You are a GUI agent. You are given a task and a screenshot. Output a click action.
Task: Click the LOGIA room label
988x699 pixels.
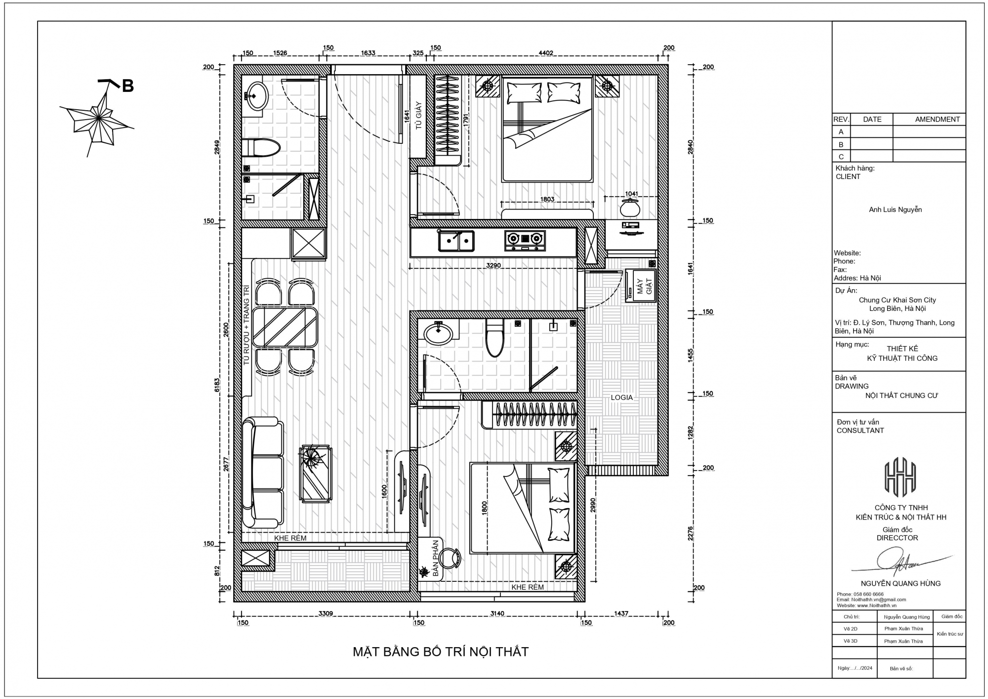coord(621,397)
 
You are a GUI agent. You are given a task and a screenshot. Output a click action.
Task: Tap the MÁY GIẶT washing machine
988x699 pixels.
coord(641,286)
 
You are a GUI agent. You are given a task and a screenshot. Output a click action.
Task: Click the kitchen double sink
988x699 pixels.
coord(456,241)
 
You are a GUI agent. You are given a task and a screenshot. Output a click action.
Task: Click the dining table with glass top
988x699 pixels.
coord(285,327)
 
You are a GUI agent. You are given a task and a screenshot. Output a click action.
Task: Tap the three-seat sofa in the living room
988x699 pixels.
coord(263,473)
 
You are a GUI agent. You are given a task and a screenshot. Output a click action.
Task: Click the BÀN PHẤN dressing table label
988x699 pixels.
coord(436,558)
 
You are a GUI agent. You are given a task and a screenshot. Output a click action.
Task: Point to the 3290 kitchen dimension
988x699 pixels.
coord(494,265)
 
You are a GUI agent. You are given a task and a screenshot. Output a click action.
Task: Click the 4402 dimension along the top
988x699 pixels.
coord(546,53)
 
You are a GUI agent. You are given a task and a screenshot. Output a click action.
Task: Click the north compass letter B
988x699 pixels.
coord(128,86)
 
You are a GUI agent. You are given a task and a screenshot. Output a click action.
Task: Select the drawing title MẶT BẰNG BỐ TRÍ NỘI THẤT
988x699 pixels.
coord(441,652)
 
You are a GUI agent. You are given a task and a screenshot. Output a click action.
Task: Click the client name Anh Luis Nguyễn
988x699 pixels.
coord(896,210)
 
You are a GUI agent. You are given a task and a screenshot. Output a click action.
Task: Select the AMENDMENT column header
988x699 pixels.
coord(938,119)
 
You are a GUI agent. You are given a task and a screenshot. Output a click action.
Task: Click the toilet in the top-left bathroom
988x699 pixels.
coord(261,147)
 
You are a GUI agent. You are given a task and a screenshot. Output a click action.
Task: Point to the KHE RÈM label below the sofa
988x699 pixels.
coord(290,538)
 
